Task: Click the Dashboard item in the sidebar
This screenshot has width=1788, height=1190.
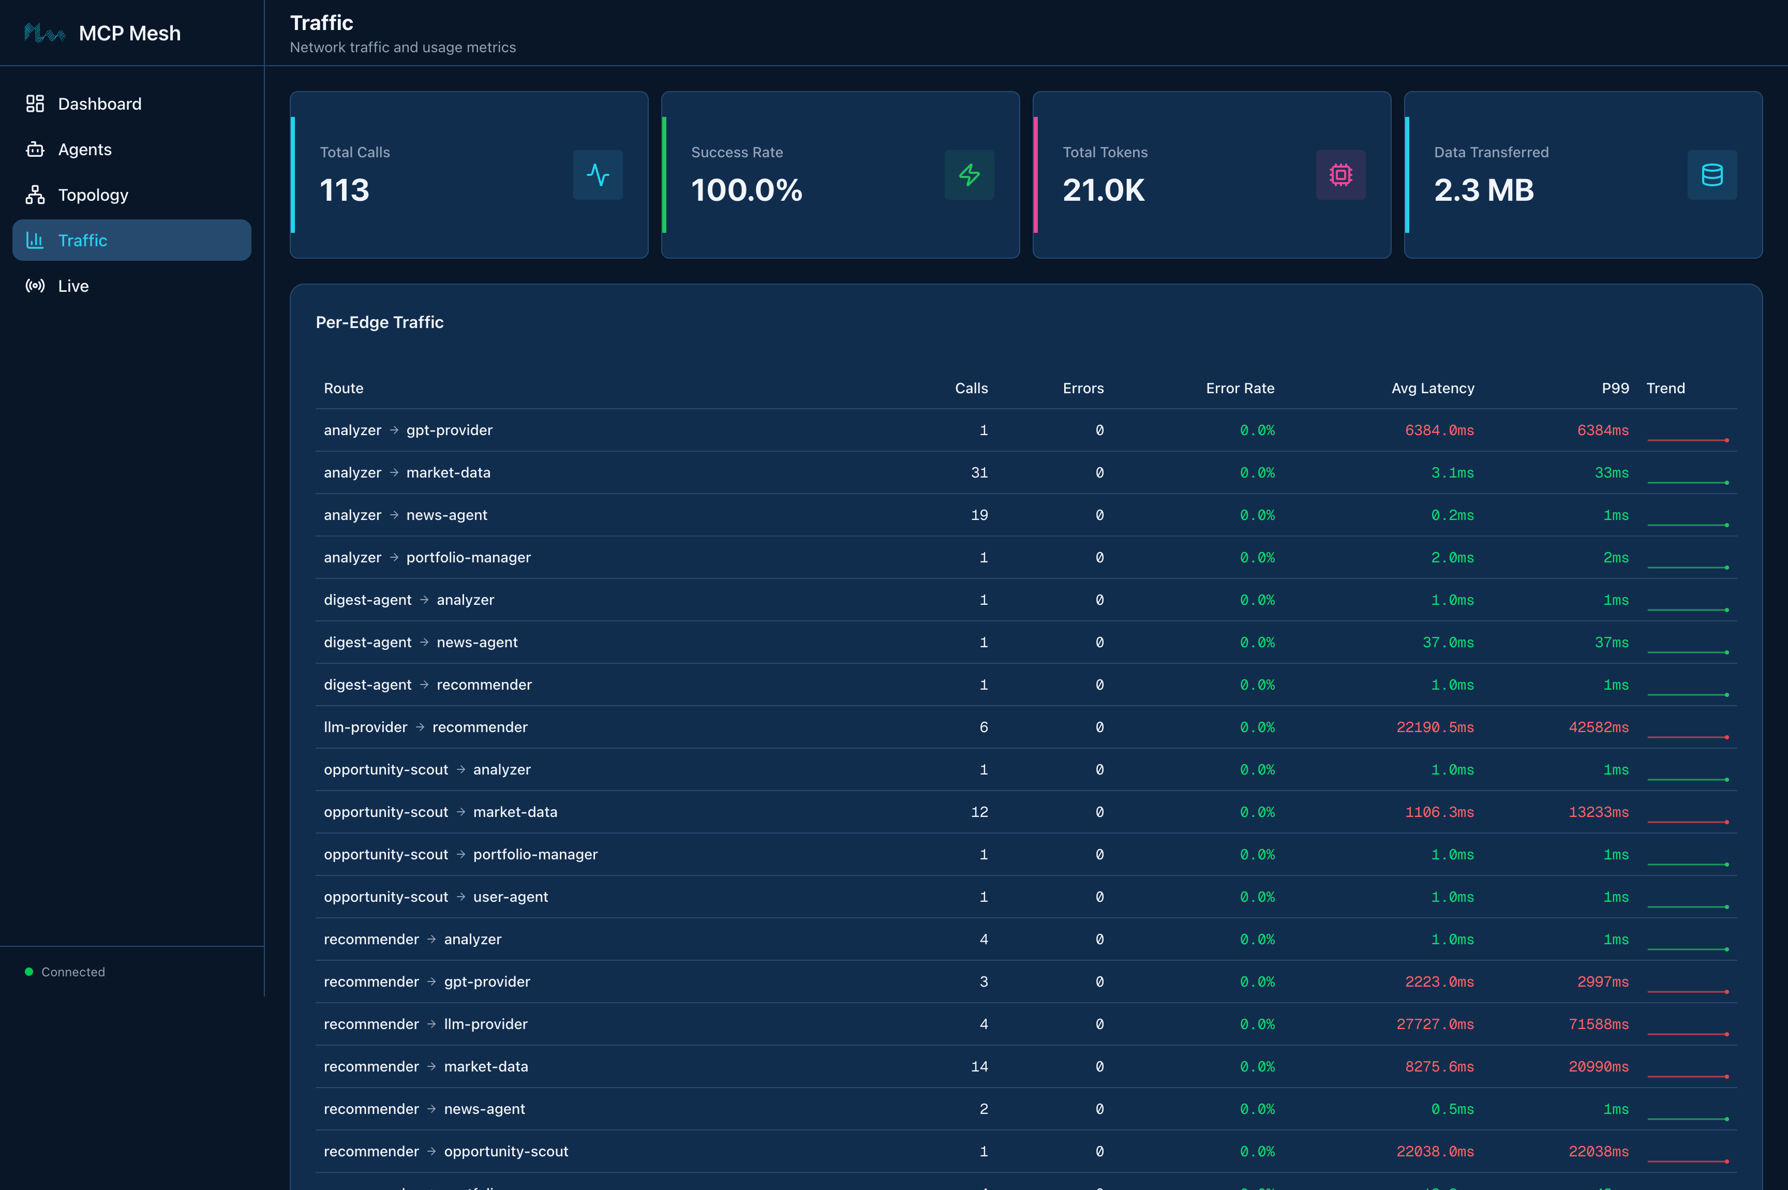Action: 99,104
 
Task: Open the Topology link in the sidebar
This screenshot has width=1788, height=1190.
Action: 93,195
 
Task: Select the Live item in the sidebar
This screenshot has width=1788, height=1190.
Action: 73,286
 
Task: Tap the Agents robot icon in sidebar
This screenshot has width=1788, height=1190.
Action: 35,150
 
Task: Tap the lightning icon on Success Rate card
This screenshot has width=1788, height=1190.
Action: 969,175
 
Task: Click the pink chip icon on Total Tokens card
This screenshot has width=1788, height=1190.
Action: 1340,175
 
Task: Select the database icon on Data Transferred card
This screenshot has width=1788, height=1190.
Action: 1711,175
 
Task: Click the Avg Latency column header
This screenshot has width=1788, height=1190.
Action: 1432,389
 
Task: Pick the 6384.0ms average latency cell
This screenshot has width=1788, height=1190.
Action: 1439,430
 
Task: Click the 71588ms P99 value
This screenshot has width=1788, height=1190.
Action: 1598,1024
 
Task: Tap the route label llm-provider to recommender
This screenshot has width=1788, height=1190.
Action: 425,727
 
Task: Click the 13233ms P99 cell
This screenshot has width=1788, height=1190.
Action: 1598,812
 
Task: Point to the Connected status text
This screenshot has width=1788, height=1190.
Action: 73,972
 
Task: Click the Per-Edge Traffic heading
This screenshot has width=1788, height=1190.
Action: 379,322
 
